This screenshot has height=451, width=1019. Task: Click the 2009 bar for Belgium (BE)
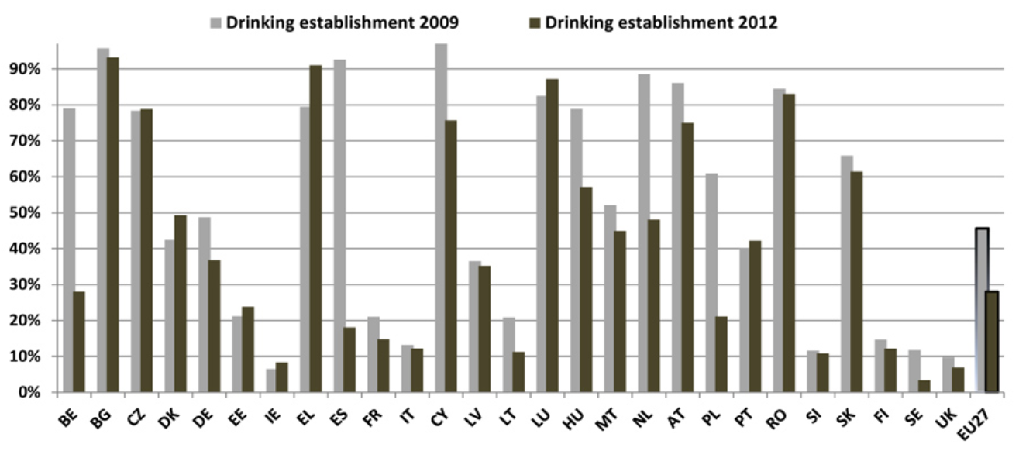pos(69,250)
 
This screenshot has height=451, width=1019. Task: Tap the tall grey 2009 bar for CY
pos(441,218)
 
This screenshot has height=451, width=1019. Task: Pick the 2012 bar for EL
pos(316,229)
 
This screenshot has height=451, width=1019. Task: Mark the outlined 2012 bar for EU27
pos(991,342)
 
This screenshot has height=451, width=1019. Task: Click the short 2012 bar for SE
pos(924,386)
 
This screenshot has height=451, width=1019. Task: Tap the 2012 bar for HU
pos(587,289)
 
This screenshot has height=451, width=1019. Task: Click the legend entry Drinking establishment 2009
pos(342,22)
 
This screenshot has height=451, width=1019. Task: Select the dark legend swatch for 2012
pos(535,22)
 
